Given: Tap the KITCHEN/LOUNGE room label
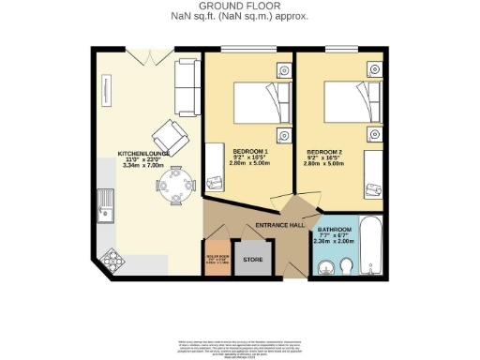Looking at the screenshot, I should coord(142,154).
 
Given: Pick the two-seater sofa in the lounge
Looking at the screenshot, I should coord(185,85).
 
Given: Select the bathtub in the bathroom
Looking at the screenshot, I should coord(370,246).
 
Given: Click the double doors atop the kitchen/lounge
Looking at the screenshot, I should coord(142,56).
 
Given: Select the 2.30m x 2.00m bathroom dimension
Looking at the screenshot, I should coord(333,241).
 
